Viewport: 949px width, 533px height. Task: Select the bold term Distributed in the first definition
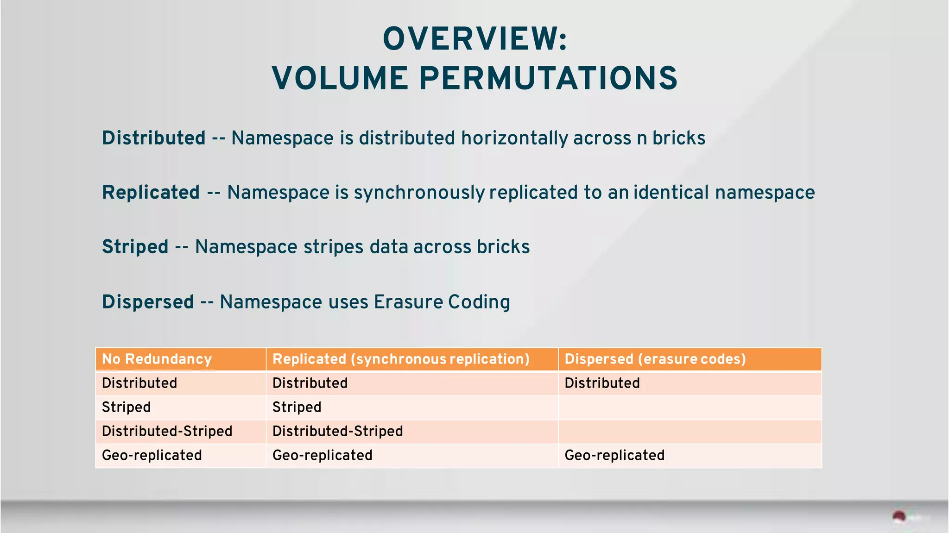[x=153, y=138]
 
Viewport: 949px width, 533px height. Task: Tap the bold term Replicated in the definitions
[x=151, y=193]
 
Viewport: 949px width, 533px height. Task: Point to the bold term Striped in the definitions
[x=135, y=247]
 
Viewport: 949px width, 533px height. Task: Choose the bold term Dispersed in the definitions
[x=148, y=302]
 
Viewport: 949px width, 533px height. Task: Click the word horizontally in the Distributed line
[x=514, y=138]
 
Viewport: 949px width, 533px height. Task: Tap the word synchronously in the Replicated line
[x=419, y=193]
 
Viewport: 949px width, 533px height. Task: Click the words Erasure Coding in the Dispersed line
[x=442, y=302]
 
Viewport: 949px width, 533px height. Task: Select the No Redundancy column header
[x=157, y=359]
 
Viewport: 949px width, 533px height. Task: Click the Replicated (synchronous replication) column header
[x=401, y=359]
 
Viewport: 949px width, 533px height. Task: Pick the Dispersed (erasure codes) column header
[x=655, y=359]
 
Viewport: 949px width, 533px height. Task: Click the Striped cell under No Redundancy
[x=126, y=407]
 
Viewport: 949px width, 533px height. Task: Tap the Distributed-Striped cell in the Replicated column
[x=337, y=431]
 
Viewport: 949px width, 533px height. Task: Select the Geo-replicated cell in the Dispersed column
[x=614, y=455]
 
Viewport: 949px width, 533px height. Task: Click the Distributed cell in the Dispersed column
[x=602, y=383]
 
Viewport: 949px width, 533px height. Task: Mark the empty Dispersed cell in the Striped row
[x=690, y=408]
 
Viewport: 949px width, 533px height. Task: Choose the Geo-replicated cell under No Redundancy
[x=152, y=455]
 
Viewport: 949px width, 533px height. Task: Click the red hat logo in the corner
[x=899, y=517]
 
